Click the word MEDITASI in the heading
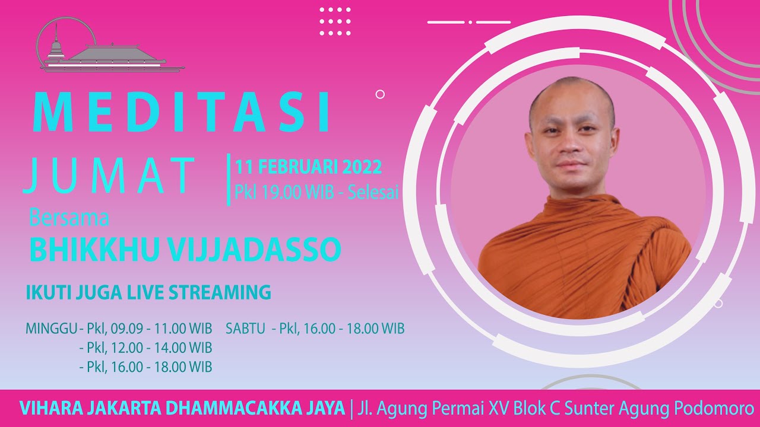click(x=181, y=111)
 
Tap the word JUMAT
click(x=109, y=175)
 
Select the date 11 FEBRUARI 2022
click(x=308, y=167)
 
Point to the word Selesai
click(x=373, y=193)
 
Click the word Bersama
click(x=69, y=218)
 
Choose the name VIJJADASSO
click(x=254, y=249)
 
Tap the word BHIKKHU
click(x=94, y=249)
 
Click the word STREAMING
click(x=220, y=292)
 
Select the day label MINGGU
click(x=52, y=329)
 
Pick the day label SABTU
click(x=245, y=329)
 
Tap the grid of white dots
click(x=335, y=21)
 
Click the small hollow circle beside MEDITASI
click(x=380, y=94)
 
